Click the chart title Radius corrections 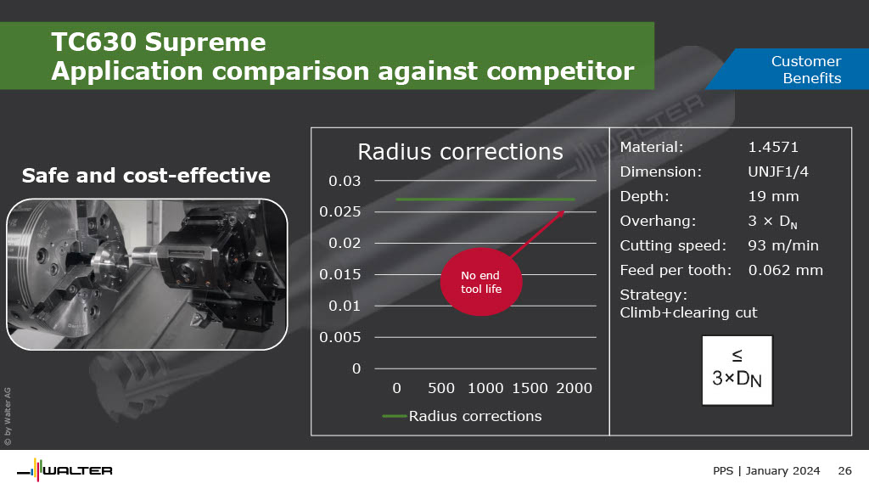(460, 151)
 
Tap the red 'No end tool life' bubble (481, 282)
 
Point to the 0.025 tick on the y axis (339, 211)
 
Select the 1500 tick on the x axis (530, 388)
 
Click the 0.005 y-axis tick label (339, 337)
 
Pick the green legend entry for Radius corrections (462, 416)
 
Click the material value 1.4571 (773, 147)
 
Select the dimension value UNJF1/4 (778, 171)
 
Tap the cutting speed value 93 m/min (783, 245)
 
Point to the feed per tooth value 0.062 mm (785, 270)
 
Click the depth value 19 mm (773, 196)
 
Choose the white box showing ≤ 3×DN (737, 370)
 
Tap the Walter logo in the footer (64, 470)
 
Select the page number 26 (844, 470)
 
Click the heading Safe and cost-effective (146, 176)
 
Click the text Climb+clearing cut (688, 312)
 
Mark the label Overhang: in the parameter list (658, 222)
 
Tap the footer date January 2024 (782, 470)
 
